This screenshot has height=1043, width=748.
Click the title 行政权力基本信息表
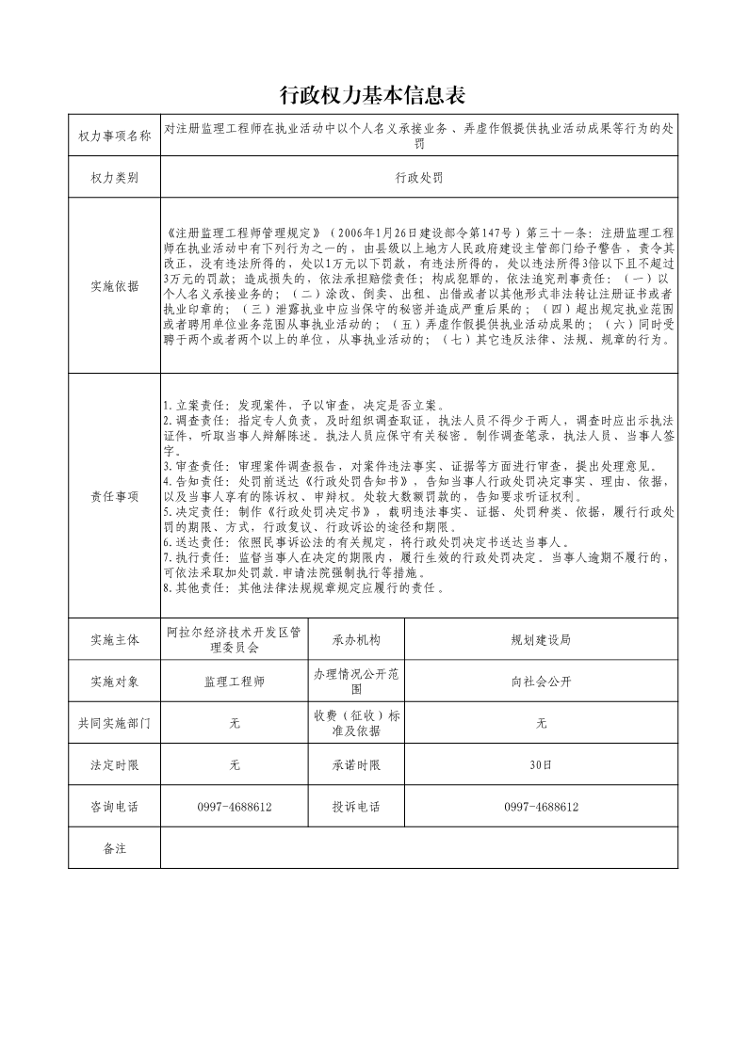374,96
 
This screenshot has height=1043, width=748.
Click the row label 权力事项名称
114,137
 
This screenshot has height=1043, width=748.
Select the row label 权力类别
114,177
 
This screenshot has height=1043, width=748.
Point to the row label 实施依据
114,286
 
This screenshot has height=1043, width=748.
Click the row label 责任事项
114,496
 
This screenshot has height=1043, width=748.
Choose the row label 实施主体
114,640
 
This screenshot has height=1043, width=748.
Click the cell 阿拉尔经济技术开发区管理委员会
234,640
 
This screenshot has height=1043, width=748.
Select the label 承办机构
356,640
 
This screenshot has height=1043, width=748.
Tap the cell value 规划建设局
541,640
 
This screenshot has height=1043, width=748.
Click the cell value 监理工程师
234,681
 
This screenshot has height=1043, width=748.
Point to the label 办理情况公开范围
356,681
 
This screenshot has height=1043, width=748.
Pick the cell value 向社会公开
541,681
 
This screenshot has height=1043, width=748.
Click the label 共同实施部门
114,723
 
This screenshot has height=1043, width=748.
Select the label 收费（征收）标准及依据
356,723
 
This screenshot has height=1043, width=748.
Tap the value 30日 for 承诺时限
541,765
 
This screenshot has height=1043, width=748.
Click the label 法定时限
114,765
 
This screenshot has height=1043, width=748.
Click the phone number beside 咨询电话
234,807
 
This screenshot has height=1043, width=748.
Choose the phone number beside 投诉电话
541,807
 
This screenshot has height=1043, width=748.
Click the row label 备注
114,848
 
